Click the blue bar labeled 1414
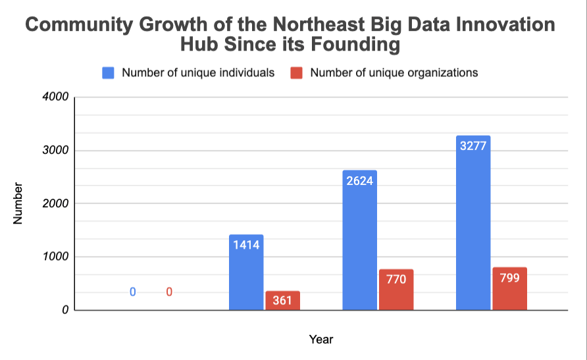click(x=246, y=272)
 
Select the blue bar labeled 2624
click(x=360, y=240)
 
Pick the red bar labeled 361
click(x=282, y=300)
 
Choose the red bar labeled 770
click(x=396, y=290)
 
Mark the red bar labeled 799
click(x=509, y=288)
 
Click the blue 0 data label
click(x=132, y=292)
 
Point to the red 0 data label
click(x=169, y=292)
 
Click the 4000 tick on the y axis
click(x=57, y=97)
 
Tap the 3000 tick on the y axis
click(x=57, y=151)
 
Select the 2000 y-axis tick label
click(x=57, y=204)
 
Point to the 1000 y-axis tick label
click(x=57, y=257)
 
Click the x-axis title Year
click(x=321, y=340)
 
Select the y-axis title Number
click(x=18, y=204)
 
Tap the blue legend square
click(x=108, y=73)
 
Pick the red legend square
click(x=296, y=73)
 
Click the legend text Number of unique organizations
click(x=394, y=73)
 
